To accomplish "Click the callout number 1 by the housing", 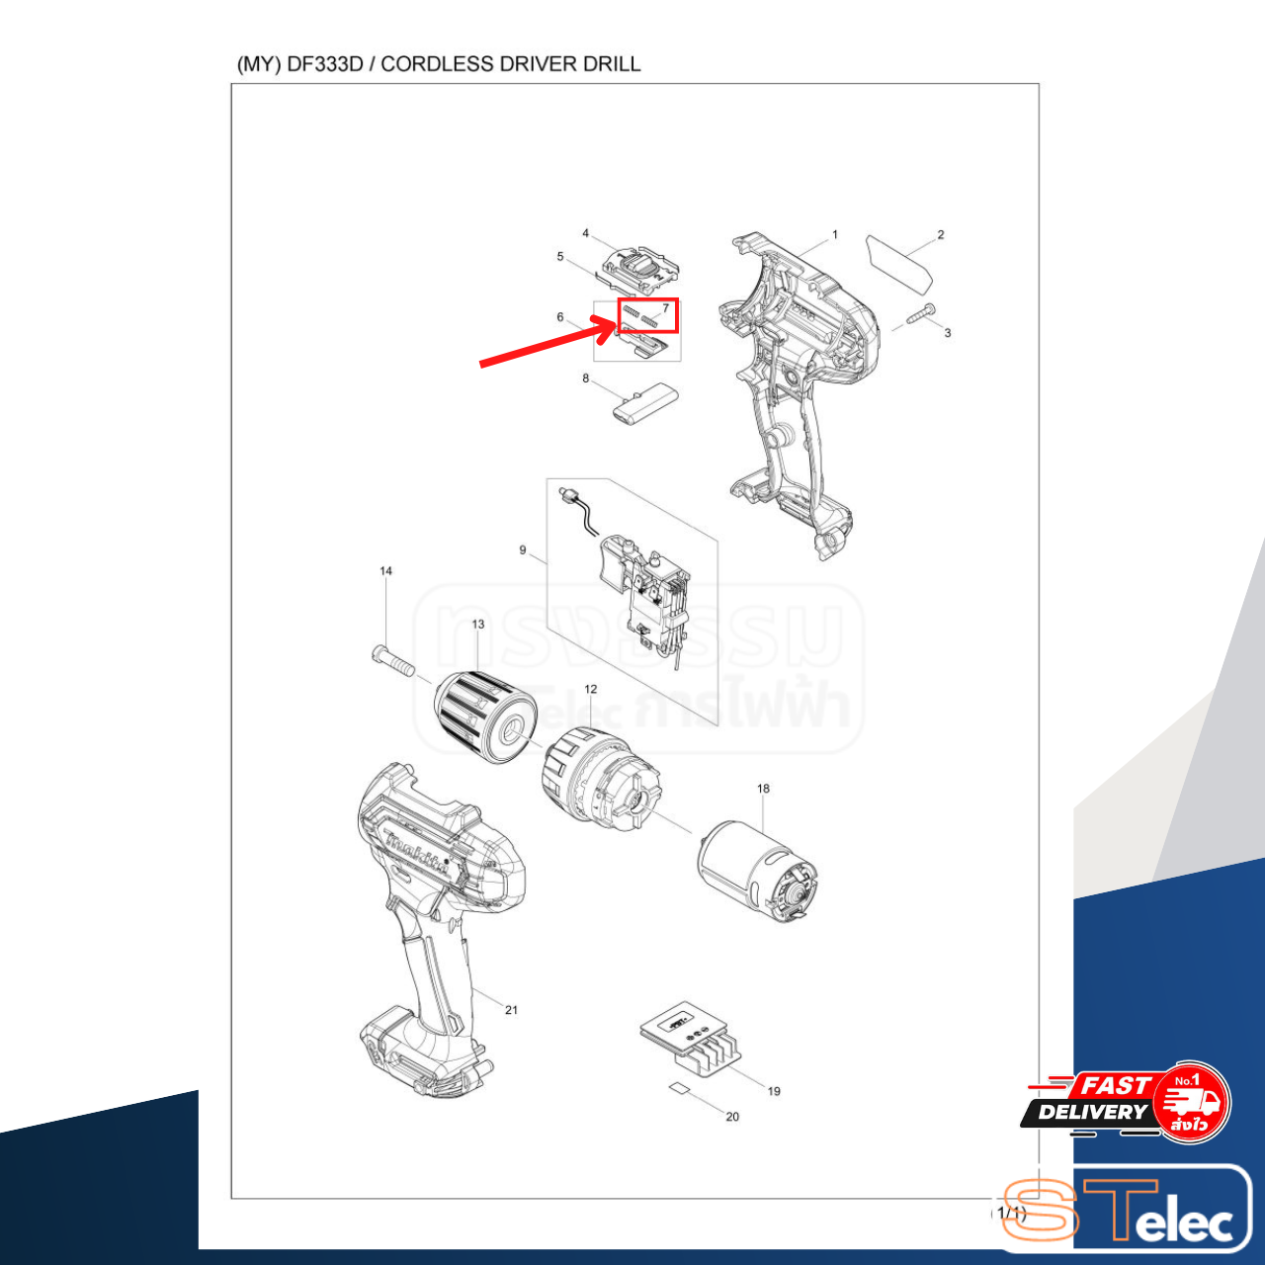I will tap(835, 235).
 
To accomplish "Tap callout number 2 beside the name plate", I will tap(941, 235).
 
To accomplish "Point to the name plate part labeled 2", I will tap(899, 262).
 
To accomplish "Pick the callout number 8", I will tap(585, 379).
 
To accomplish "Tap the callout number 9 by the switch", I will tap(523, 550).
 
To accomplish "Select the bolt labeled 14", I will tap(391, 657).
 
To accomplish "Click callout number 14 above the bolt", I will tap(385, 571).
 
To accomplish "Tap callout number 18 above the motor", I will tap(763, 789).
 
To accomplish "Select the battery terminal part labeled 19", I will tap(692, 1040).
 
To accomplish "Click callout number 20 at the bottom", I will tap(732, 1117).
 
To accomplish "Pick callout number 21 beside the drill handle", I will tap(511, 1010).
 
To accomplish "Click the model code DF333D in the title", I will tap(325, 64).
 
